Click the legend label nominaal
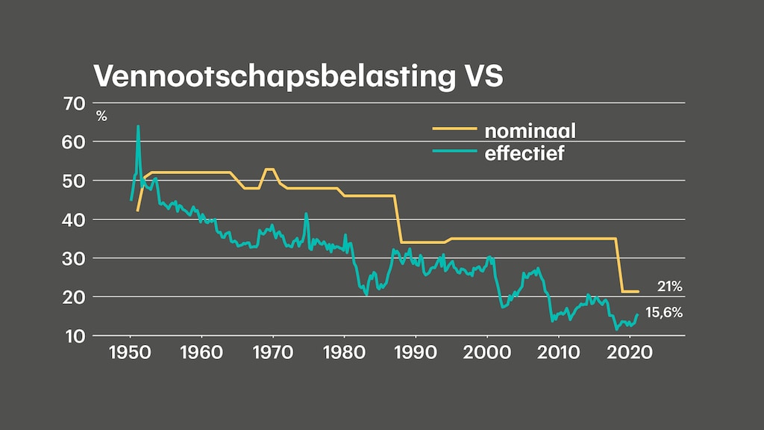pos(530,131)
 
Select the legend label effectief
pos(525,155)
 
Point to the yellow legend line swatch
pos(454,129)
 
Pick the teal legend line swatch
pos(454,152)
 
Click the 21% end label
pos(670,286)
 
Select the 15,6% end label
pos(664,313)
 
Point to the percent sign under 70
pos(101,116)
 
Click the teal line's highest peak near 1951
pos(138,126)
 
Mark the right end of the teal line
pos(638,314)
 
